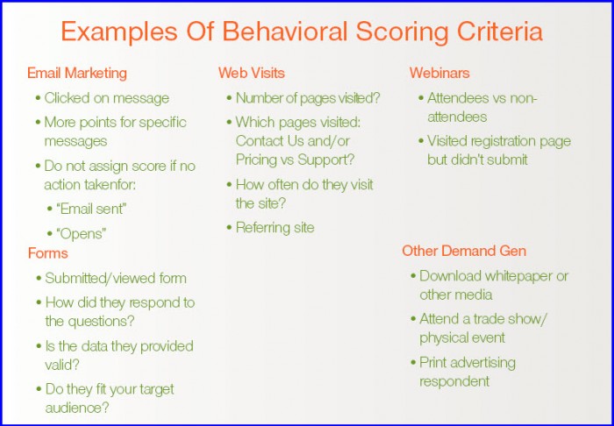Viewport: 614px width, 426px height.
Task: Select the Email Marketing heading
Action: point(77,73)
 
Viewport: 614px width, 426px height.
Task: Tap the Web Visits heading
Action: point(252,73)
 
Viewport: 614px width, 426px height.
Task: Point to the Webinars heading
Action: point(439,73)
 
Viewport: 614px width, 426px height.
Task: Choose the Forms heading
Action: point(47,253)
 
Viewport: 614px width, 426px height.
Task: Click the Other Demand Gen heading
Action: point(464,251)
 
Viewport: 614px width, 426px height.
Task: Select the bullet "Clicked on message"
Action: point(106,98)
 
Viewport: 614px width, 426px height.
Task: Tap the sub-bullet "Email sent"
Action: point(91,209)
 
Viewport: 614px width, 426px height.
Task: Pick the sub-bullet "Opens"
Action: point(82,234)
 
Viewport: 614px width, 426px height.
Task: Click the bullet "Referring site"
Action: point(275,228)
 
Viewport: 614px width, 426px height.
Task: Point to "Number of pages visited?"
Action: point(308,98)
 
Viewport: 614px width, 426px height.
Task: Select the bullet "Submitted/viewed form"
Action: point(116,279)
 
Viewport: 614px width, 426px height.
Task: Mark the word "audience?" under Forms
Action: point(77,408)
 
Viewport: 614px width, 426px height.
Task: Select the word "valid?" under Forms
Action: point(62,365)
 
